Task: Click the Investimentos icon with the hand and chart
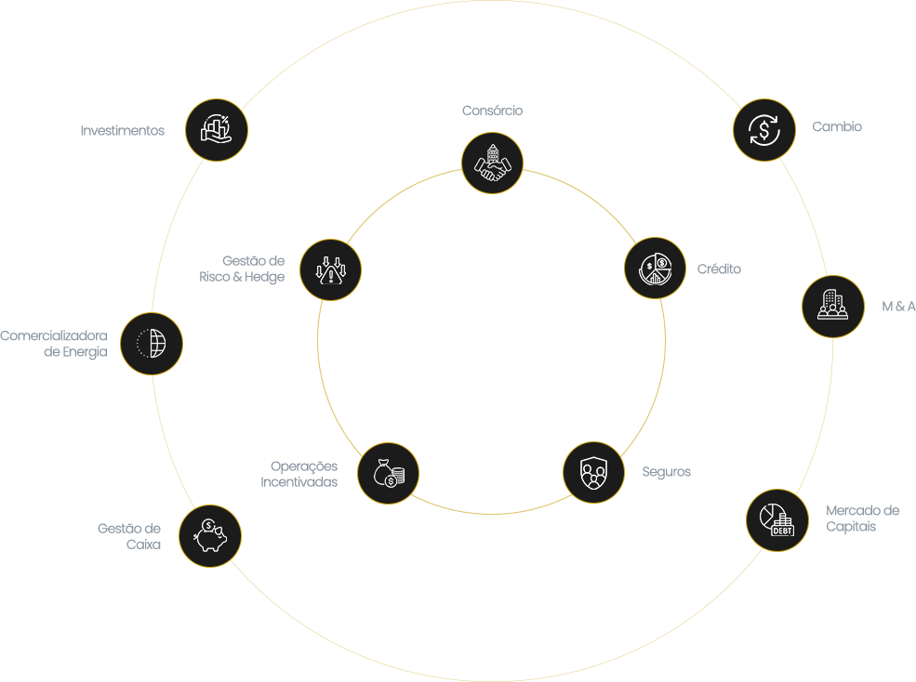point(217,130)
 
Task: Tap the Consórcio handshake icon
point(492,163)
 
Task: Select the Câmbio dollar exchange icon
point(763,130)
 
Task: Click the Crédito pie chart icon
point(655,269)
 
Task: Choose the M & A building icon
point(833,306)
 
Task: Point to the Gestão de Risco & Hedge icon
point(330,269)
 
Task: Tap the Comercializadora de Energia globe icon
point(152,344)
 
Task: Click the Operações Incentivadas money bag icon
point(388,474)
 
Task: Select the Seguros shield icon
point(593,472)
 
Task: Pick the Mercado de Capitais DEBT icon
point(777,520)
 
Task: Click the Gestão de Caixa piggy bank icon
point(210,536)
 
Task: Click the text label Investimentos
point(122,131)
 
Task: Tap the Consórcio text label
point(492,111)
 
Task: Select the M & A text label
point(898,306)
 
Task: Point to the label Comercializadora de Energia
point(54,344)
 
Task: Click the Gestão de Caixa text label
point(129,536)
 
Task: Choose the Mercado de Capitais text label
point(862,518)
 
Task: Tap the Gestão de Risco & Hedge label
point(242,269)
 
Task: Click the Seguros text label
point(666,472)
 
